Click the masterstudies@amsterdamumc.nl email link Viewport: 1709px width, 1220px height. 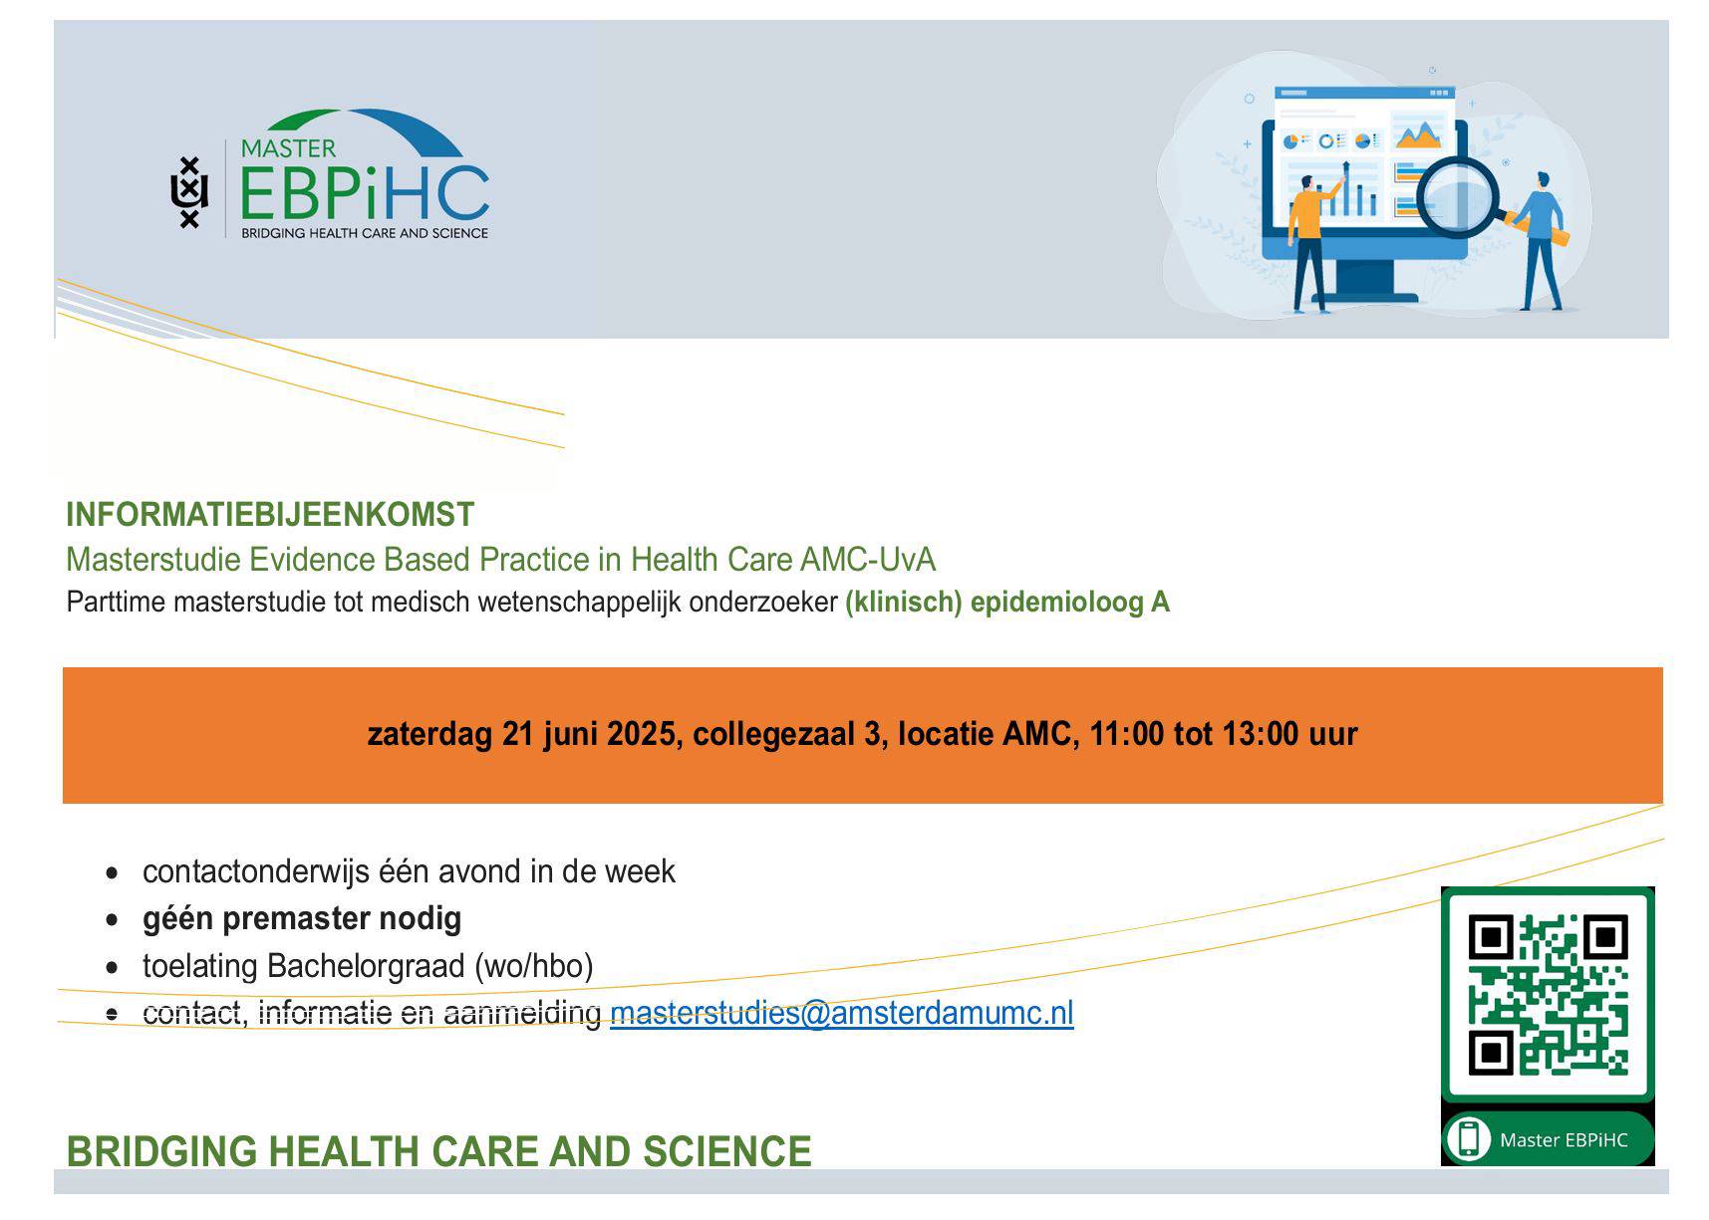click(841, 1013)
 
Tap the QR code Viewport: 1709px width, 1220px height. click(1548, 994)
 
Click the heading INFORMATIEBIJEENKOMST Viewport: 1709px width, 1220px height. click(270, 515)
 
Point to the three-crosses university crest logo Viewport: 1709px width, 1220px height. click(189, 193)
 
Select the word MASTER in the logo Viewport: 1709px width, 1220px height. click(288, 148)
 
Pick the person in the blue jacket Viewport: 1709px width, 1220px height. click(1539, 239)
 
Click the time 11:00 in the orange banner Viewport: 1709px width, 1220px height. click(1126, 734)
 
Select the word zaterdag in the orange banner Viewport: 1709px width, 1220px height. click(429, 734)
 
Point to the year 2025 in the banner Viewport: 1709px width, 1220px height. click(642, 734)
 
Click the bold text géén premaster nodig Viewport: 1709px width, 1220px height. click(302, 918)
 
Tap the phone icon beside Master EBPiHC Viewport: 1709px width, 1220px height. click(1468, 1138)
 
